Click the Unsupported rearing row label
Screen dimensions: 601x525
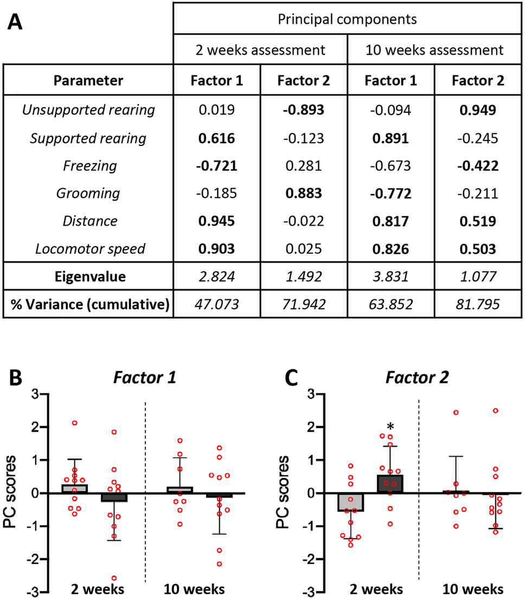point(88,110)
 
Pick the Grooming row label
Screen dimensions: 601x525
point(88,193)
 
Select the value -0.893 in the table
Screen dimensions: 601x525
point(304,110)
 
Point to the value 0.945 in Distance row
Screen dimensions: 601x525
point(217,220)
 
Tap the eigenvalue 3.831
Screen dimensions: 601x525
point(390,277)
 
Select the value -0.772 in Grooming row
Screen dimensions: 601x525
point(390,193)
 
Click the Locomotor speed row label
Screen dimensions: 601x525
point(88,248)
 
